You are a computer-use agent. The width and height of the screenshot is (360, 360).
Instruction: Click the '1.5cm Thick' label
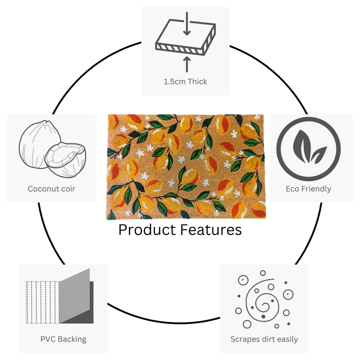[x=185, y=81]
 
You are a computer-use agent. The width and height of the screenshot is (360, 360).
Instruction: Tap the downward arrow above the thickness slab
[x=187, y=23]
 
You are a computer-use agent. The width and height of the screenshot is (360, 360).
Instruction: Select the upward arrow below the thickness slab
[x=187, y=64]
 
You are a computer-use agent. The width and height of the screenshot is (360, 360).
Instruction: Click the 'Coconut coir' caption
[x=51, y=189]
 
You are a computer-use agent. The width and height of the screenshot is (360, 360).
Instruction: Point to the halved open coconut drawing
[x=65, y=160]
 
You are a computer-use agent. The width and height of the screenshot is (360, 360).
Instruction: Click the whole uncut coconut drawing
[x=40, y=143]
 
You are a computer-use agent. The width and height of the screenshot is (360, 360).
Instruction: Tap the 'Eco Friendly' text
[x=308, y=189]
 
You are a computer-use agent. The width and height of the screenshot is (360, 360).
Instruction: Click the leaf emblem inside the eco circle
[x=309, y=147]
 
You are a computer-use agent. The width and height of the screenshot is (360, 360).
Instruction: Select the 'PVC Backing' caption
[x=63, y=339]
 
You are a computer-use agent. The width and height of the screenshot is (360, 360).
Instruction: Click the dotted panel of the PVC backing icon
[x=43, y=302]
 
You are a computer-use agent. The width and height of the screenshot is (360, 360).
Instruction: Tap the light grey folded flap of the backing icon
[x=74, y=295]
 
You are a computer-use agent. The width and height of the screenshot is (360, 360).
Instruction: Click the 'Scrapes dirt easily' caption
[x=264, y=339]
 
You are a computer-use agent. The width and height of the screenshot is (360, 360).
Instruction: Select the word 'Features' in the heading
[x=211, y=229]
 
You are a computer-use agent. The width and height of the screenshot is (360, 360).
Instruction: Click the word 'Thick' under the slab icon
[x=197, y=81]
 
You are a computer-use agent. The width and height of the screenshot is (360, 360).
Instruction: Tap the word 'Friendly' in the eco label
[x=316, y=189]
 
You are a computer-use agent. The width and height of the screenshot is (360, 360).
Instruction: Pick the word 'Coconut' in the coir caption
[x=42, y=189]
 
